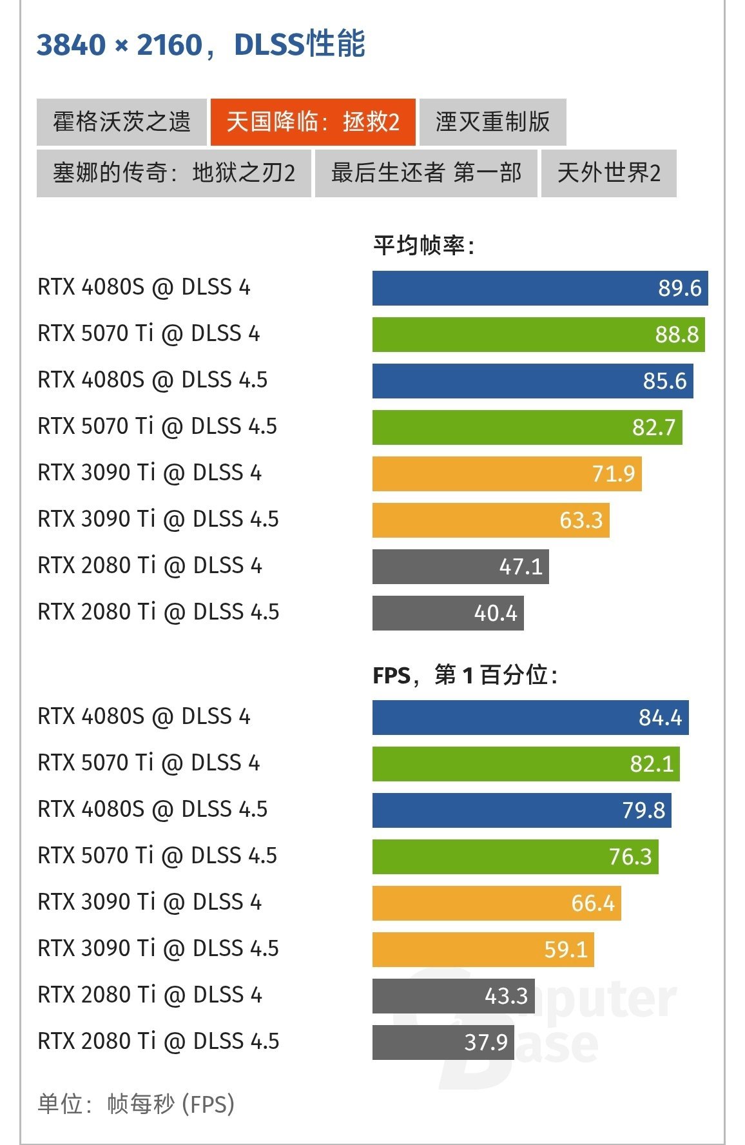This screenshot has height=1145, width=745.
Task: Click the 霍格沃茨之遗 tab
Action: pos(121,122)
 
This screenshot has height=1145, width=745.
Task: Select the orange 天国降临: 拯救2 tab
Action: pos(313,122)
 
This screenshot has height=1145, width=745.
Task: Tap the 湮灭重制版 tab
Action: pos(492,122)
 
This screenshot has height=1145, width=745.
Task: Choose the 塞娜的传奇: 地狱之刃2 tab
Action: pos(174,173)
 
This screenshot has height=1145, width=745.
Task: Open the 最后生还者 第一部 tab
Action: pos(426,173)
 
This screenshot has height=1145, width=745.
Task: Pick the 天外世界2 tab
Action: pos(608,173)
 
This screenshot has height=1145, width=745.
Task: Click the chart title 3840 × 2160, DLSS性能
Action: pos(201,44)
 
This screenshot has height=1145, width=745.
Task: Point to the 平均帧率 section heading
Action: pos(424,246)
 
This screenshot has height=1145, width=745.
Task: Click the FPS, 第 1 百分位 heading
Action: pos(465,675)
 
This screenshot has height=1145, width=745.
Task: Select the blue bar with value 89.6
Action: pos(540,288)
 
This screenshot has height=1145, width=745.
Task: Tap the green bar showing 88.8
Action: pos(538,335)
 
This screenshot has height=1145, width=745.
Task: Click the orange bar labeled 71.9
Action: pos(507,474)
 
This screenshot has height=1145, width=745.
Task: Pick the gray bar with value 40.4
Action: pos(448,613)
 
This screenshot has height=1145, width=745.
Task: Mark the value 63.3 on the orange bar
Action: pos(581,520)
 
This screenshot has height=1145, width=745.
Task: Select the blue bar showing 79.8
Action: pos(521,810)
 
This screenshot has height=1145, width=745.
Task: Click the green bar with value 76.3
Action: pos(515,857)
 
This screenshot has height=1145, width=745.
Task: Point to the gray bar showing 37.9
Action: pos(443,1042)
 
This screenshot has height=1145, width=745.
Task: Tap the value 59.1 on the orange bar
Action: pos(566,950)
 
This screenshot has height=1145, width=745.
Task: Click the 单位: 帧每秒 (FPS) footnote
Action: pos(136,1104)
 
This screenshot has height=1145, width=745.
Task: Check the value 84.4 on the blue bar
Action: pos(660,718)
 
